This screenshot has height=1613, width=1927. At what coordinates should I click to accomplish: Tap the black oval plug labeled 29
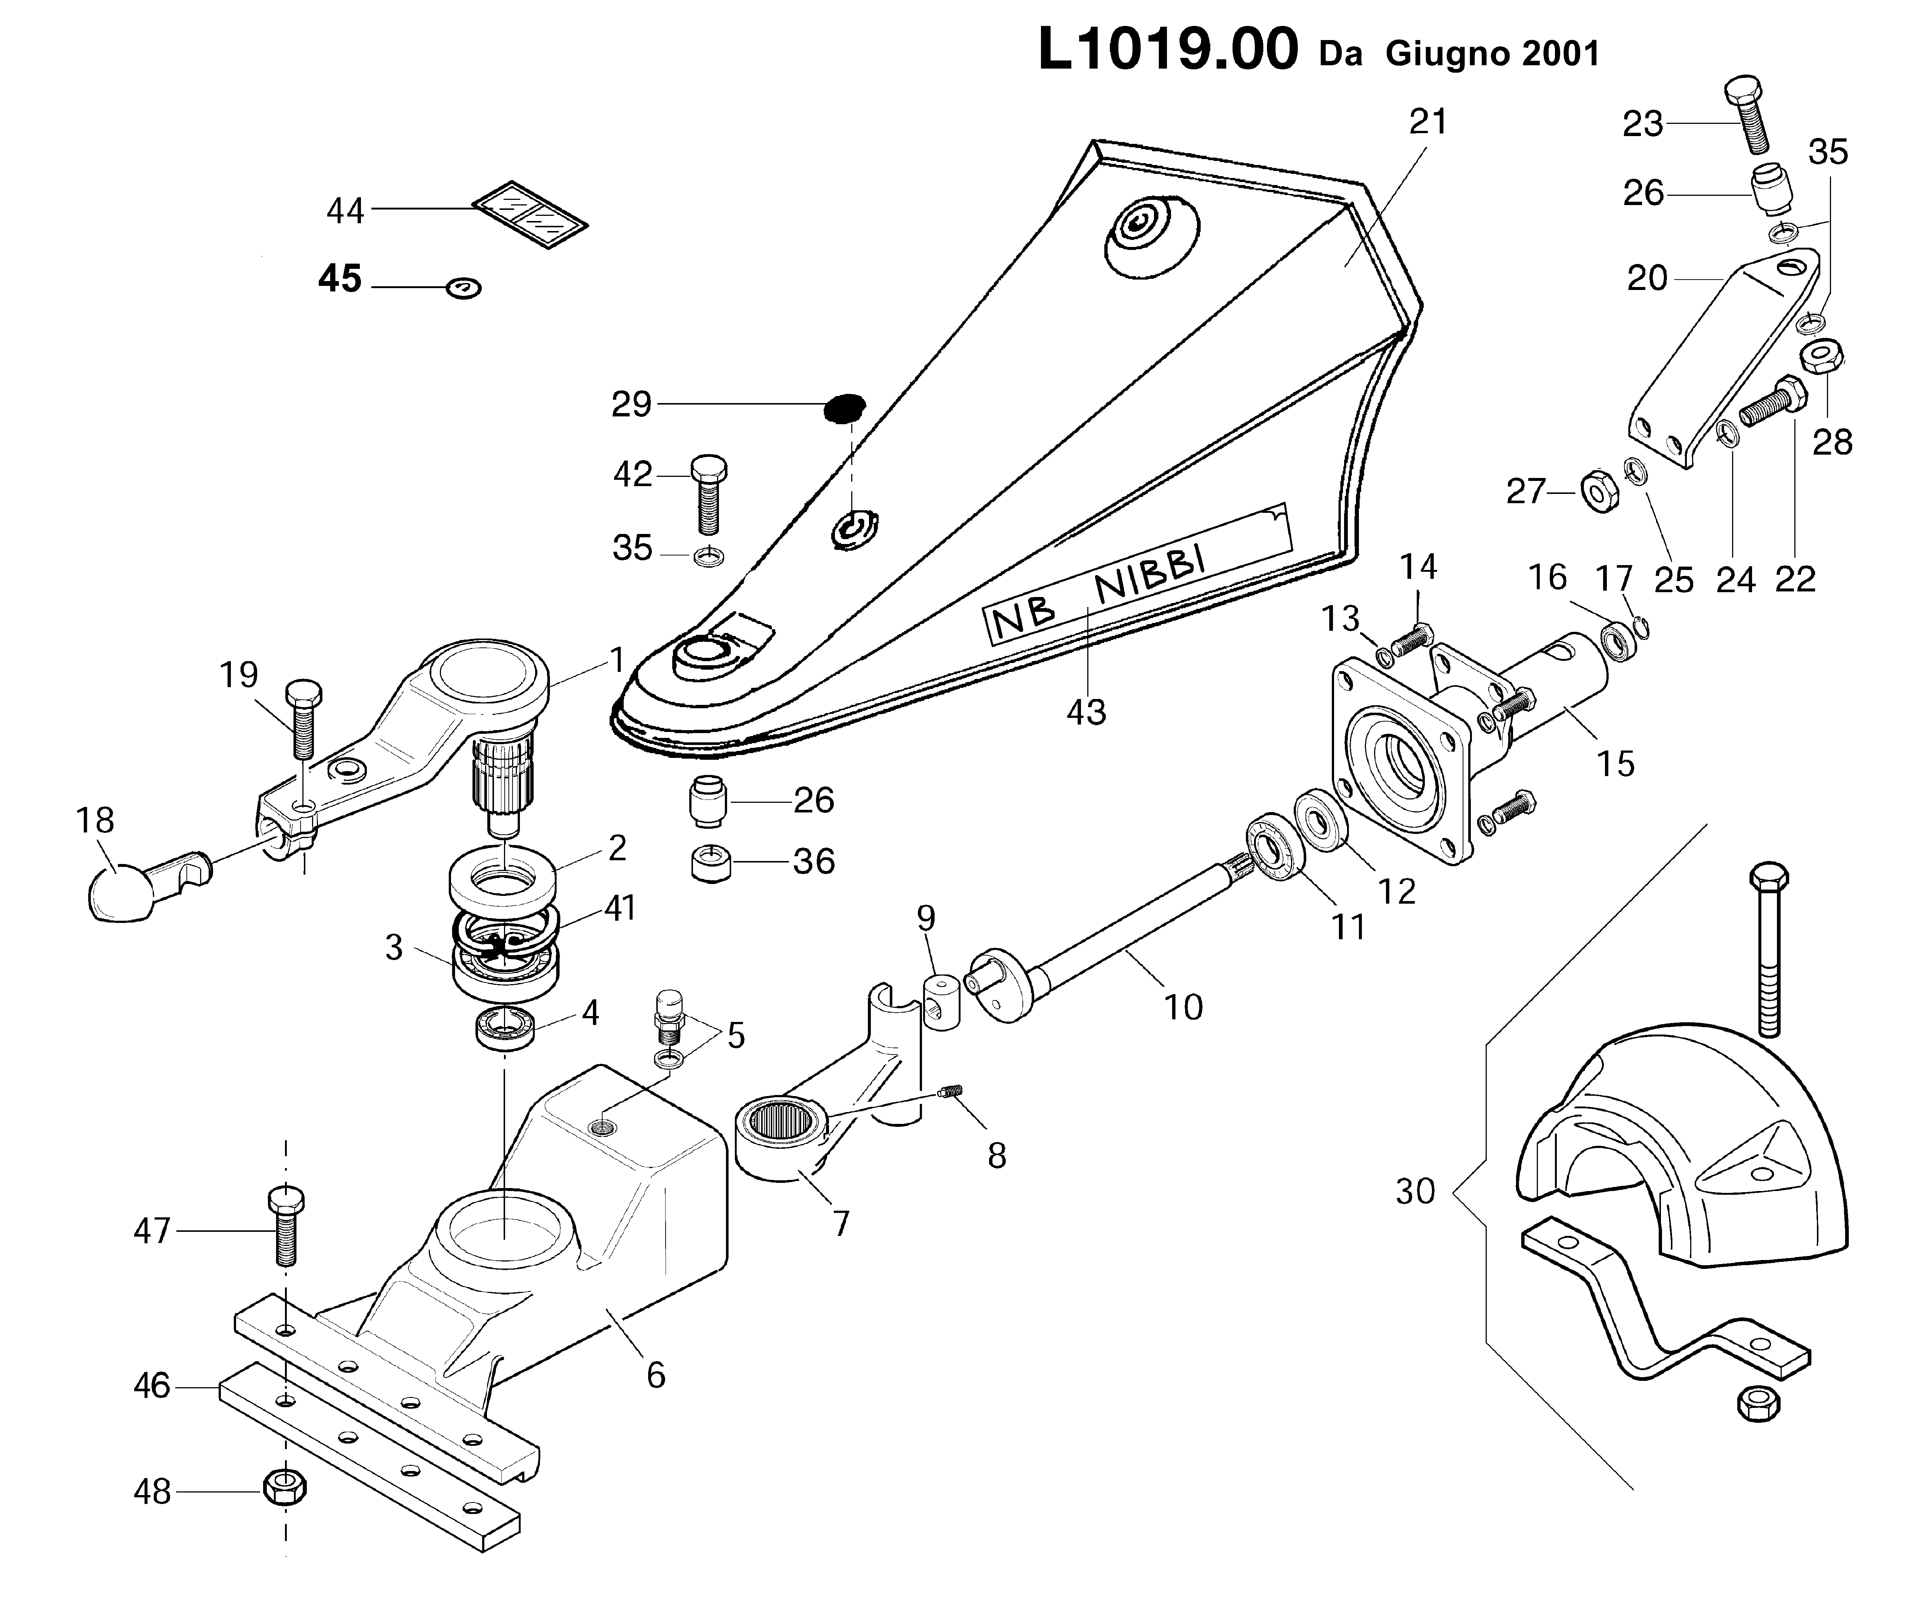844,407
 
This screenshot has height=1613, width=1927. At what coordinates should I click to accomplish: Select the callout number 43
1087,712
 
